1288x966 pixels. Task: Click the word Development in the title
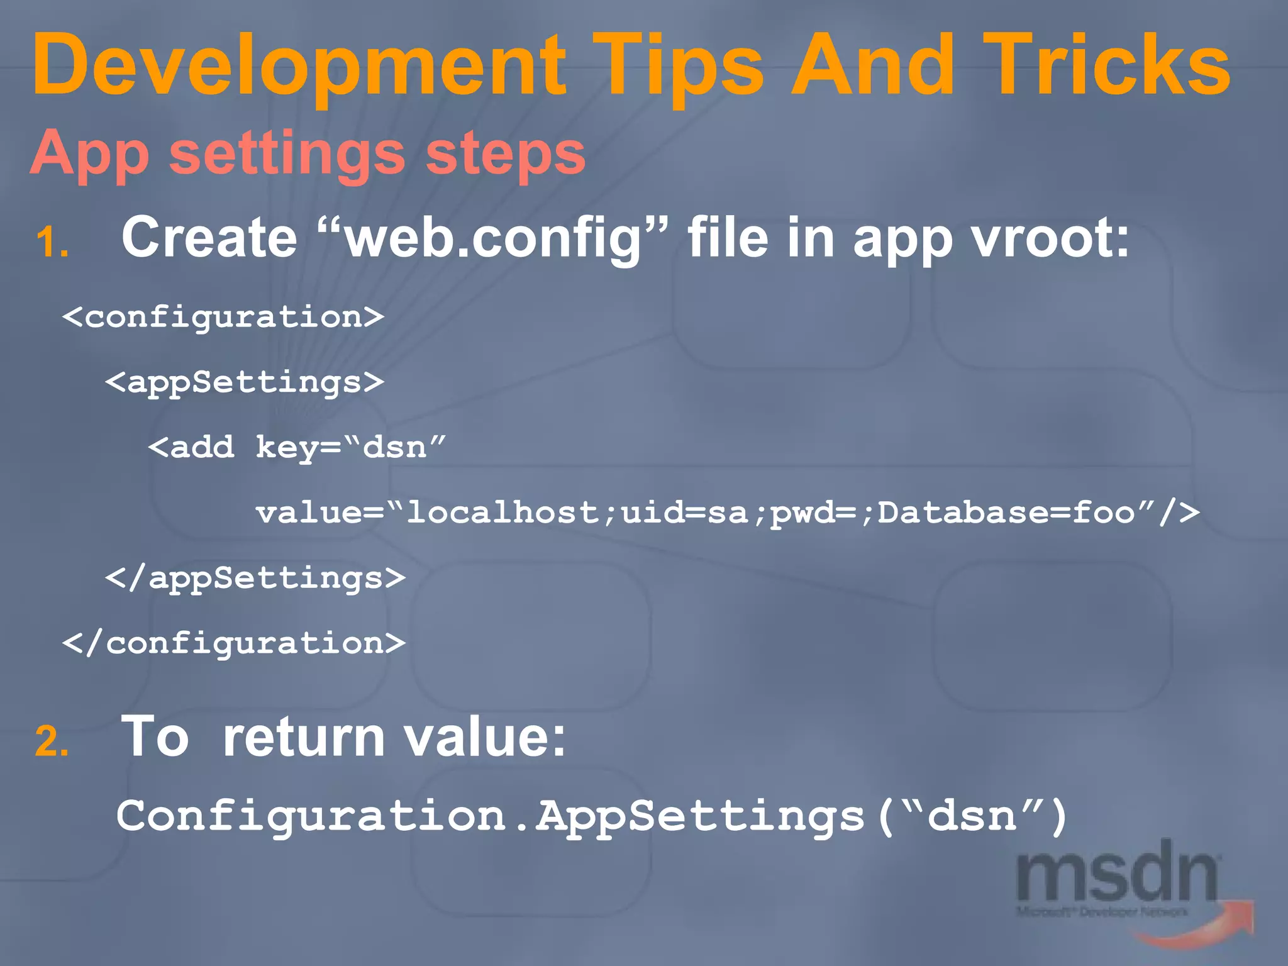[x=299, y=66]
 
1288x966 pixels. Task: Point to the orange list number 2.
[x=52, y=741]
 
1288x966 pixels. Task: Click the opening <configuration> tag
[x=223, y=317]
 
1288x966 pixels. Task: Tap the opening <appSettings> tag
[x=245, y=382]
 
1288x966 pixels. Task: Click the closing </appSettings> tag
[x=255, y=577]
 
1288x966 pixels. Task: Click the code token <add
[x=191, y=447]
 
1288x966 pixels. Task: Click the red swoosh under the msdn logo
[x=1195, y=931]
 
